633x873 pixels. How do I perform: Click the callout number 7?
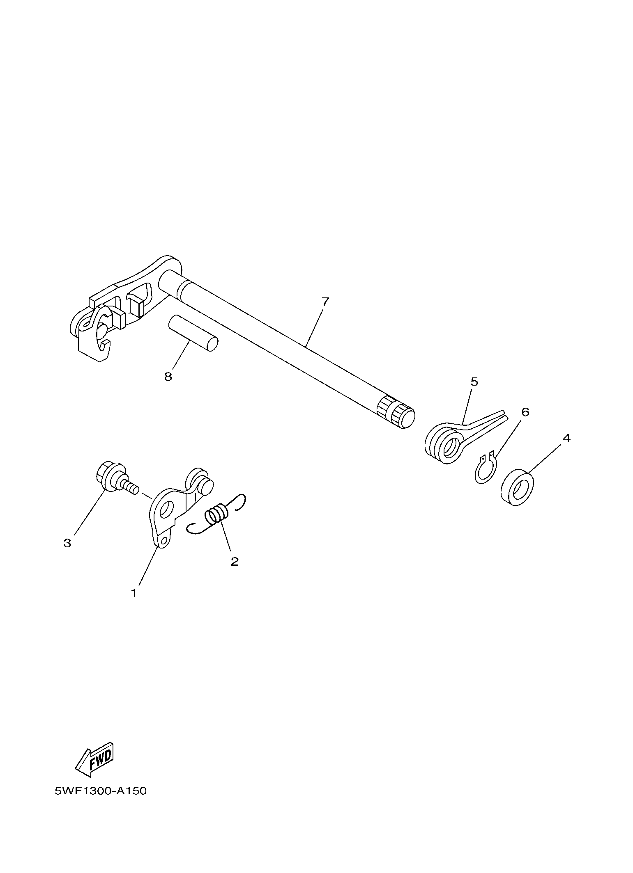click(x=325, y=302)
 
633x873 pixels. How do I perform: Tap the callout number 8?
click(x=168, y=376)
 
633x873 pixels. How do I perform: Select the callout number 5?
click(x=474, y=382)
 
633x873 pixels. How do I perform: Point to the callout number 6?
click(x=525, y=412)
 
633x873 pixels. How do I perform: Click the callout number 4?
click(x=566, y=438)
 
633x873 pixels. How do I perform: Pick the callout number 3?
click(x=67, y=543)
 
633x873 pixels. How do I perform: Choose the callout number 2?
click(x=235, y=562)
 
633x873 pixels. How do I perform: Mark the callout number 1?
click(x=134, y=593)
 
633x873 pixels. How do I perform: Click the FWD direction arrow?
click(x=94, y=760)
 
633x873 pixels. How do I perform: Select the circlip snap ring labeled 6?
click(x=486, y=467)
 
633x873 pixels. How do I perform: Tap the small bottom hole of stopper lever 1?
click(x=164, y=542)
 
